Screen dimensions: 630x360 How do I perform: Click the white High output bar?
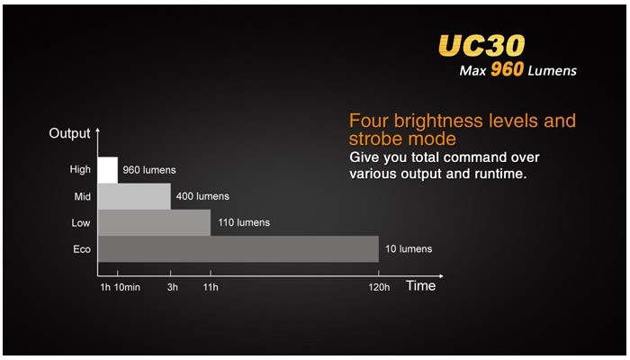(108, 170)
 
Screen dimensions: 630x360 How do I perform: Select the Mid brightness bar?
(134, 196)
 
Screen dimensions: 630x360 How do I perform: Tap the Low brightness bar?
(154, 222)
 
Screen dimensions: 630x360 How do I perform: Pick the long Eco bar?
(238, 249)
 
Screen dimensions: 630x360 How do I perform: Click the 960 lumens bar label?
(149, 170)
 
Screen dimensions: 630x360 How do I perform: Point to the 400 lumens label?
(202, 196)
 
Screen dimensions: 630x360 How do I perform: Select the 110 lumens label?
(244, 222)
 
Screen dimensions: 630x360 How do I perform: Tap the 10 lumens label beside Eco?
(409, 248)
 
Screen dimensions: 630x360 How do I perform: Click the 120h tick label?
(379, 287)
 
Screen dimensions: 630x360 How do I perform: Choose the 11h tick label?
(211, 287)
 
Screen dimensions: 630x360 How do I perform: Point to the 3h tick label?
(173, 287)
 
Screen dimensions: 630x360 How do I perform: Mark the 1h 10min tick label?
(120, 287)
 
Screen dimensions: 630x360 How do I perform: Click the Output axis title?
(69, 133)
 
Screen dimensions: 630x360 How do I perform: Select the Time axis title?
(420, 285)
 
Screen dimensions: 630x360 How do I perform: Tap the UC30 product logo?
(481, 45)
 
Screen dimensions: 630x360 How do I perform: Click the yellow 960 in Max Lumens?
(507, 69)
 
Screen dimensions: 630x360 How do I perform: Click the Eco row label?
(82, 249)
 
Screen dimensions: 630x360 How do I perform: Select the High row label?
(80, 170)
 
